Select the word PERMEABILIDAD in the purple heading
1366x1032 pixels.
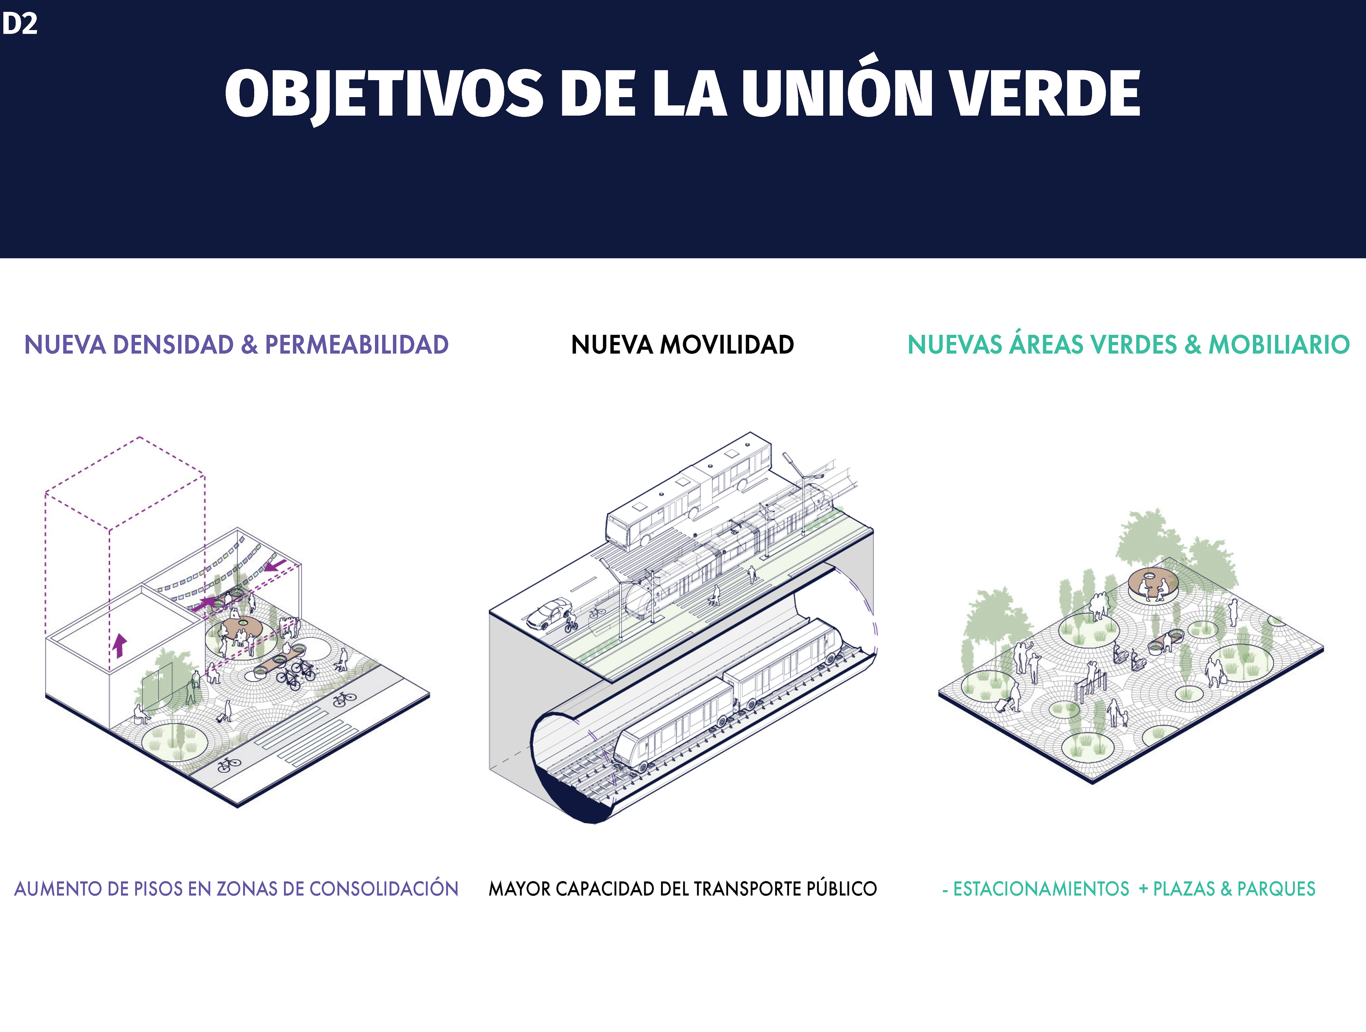click(x=356, y=345)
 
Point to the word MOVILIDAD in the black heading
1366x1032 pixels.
click(x=727, y=345)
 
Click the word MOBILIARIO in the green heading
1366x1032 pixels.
click(x=1278, y=345)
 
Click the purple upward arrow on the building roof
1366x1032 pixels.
click(x=119, y=645)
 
